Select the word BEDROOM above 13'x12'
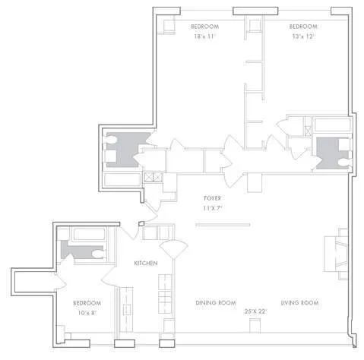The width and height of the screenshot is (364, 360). pos(302,27)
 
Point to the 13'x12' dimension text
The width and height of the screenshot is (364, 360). pos(302,36)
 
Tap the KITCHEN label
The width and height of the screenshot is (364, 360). pos(145,263)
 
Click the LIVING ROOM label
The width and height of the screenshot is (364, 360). pos(299,302)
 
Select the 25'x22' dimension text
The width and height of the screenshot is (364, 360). pos(256,312)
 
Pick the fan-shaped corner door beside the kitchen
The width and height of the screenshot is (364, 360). pos(173,250)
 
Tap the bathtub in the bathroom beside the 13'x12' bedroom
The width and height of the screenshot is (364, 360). pos(331,126)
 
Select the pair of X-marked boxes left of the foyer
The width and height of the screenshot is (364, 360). pos(154,178)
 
